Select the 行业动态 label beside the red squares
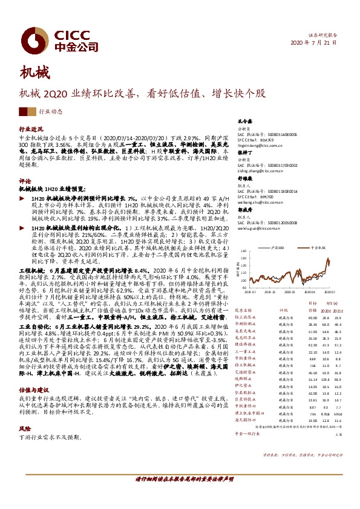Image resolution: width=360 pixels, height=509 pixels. click(x=50, y=112)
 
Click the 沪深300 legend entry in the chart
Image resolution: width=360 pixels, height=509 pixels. click(x=278, y=248)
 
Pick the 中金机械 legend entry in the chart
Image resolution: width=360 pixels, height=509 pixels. click(x=318, y=248)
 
